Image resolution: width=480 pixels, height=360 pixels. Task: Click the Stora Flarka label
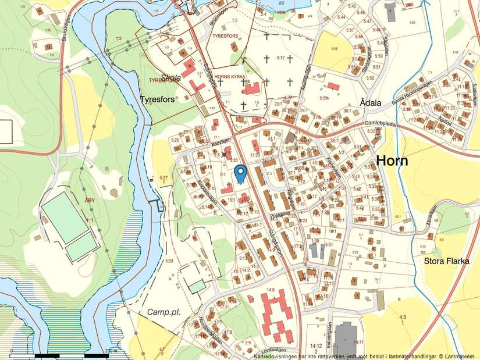tap(446, 261)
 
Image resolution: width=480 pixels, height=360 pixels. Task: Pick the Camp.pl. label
tap(163, 312)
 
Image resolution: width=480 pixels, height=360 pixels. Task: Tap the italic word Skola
tap(170, 78)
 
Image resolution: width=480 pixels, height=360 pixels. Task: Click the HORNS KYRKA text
tap(229, 76)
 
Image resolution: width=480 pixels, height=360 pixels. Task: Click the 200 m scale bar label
tap(111, 351)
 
